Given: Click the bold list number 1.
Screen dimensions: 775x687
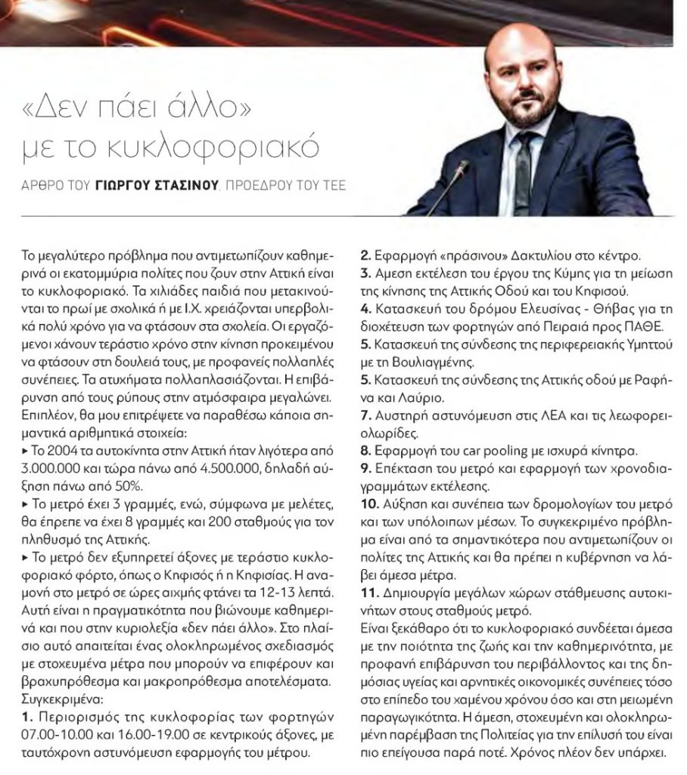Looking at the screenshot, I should tap(28, 715).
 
